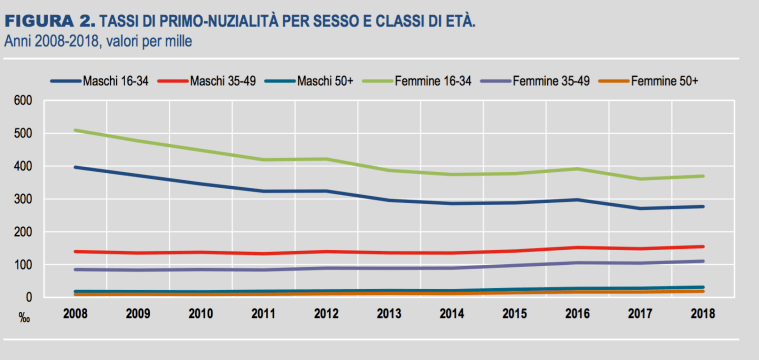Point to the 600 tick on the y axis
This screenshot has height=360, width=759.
pos(23,101)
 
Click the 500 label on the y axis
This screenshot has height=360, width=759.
pos(23,134)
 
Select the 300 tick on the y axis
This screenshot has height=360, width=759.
pos(23,200)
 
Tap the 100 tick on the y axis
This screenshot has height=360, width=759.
pos(23,265)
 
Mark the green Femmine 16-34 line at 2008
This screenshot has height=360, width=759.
pos(75,130)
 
